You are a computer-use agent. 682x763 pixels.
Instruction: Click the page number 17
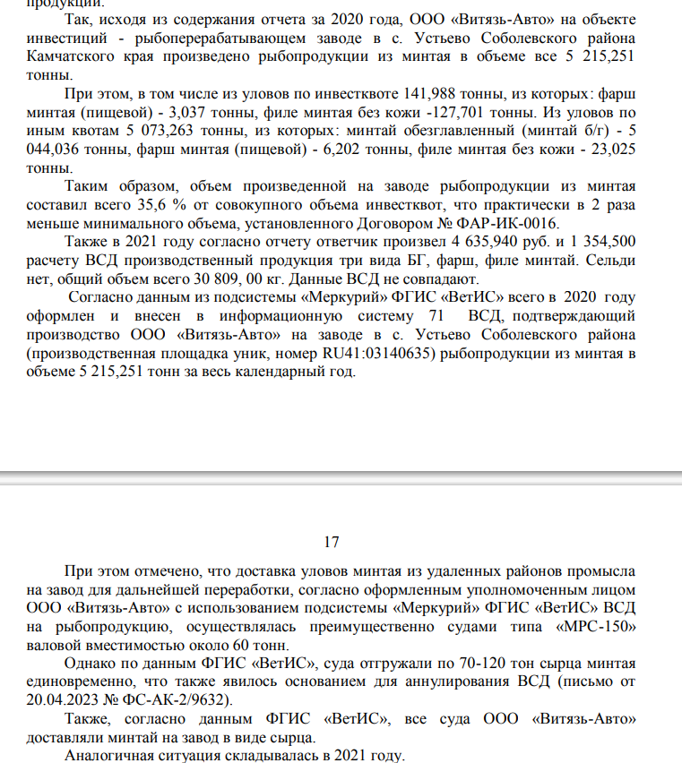332,542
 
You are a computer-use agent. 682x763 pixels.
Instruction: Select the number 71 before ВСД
436,316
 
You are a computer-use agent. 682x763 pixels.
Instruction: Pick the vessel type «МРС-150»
595,626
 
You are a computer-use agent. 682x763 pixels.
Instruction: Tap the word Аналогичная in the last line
111,754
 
